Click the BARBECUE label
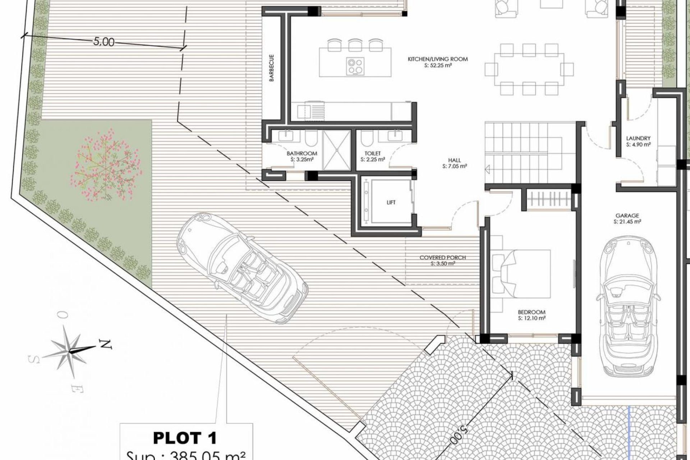pos(272,68)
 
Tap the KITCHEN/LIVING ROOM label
pos(438,59)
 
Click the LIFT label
pos(391,203)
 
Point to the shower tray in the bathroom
pos(336,150)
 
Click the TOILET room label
pos(372,153)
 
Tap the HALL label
pos(454,160)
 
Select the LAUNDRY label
pos(638,138)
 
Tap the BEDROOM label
pos(532,312)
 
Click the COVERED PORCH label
pos(443,258)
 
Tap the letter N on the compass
pos(105,345)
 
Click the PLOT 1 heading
pos(185,438)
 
